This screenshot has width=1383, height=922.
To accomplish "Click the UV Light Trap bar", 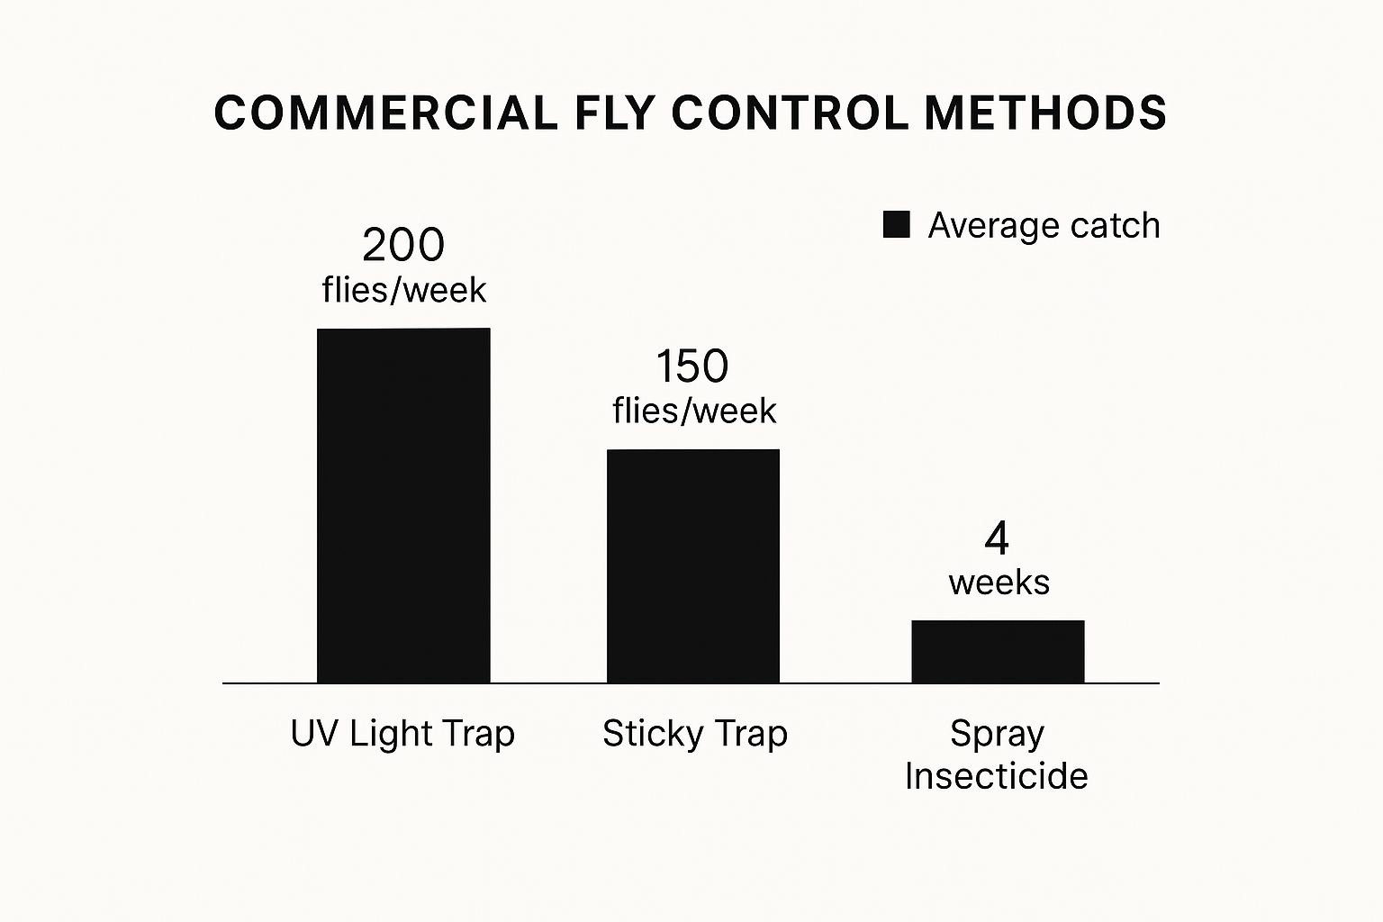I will click(x=403, y=505).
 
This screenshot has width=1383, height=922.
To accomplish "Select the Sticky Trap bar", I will click(x=692, y=565).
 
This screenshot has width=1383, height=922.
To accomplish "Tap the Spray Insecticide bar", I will click(x=998, y=651).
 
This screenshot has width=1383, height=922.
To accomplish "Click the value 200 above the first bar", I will click(x=403, y=245).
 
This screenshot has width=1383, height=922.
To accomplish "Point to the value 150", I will click(x=691, y=366).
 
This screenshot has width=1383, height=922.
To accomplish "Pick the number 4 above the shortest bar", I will click(x=997, y=538).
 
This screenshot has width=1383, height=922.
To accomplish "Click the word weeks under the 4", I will click(x=999, y=583).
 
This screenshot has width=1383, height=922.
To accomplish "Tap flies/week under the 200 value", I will click(x=403, y=290).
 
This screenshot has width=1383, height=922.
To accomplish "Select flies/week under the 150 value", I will click(x=693, y=411).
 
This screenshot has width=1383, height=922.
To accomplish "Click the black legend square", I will click(x=896, y=225).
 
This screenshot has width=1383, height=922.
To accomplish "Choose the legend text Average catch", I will click(x=1044, y=225).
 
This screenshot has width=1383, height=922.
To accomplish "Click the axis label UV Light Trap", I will click(x=402, y=734).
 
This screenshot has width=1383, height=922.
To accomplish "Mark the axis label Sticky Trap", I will click(x=694, y=734).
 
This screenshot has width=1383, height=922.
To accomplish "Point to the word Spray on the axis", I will click(x=997, y=735).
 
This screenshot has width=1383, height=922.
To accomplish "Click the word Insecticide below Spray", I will click(x=996, y=775).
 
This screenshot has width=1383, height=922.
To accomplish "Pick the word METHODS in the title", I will click(x=1045, y=113).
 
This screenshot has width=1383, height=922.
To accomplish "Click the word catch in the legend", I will click(x=1115, y=225).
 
